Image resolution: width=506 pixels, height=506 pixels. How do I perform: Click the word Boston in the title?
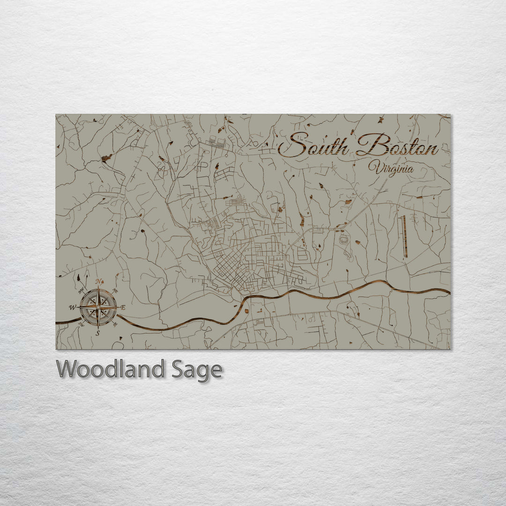[x=397, y=146]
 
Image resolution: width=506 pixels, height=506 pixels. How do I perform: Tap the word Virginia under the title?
[x=391, y=168]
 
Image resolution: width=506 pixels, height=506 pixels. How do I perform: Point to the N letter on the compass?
[x=98, y=282]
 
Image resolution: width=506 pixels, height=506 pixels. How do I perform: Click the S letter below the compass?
[x=97, y=333]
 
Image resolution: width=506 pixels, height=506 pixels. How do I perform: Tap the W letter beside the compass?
[x=72, y=308]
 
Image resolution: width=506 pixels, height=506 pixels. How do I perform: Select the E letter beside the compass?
[x=123, y=308]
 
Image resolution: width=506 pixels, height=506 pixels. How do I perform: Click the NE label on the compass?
[x=115, y=290]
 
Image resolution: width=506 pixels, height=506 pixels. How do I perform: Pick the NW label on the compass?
[x=81, y=290]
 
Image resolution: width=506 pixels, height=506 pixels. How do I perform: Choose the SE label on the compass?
[x=115, y=324]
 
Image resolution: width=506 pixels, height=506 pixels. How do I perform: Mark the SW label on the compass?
[x=81, y=324]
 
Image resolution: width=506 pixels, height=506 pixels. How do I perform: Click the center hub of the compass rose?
[x=98, y=307]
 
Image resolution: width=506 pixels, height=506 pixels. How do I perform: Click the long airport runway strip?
[x=404, y=236]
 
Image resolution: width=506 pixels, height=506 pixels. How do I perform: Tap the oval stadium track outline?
[x=344, y=240]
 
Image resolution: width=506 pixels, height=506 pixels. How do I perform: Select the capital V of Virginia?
[x=373, y=167]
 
